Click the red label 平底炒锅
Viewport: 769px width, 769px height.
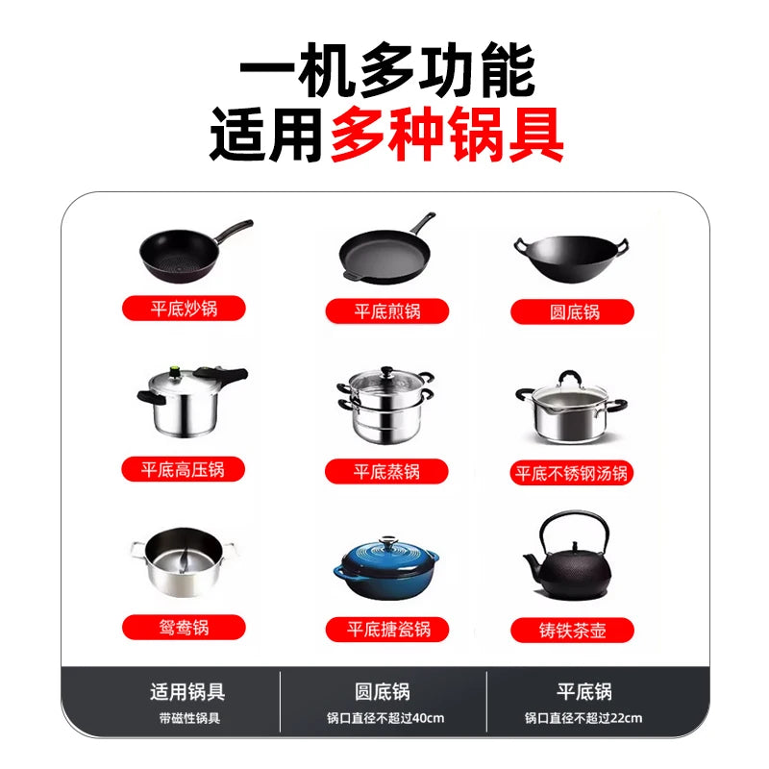pos(184,309)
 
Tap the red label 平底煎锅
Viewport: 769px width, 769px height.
pos(387,310)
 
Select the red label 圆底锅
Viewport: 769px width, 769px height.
pos(572,311)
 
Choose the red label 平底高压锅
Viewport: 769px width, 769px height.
pos(183,469)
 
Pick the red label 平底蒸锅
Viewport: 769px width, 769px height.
pos(386,472)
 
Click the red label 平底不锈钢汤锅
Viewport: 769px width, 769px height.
pos(572,473)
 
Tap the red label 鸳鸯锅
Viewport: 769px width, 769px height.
pos(184,628)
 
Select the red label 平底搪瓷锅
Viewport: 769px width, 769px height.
pos(387,630)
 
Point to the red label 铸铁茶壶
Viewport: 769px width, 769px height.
pos(572,631)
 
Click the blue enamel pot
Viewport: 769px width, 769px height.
pos(386,569)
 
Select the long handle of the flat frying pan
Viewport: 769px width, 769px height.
pos(423,223)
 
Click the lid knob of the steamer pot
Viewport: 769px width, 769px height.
pos(387,370)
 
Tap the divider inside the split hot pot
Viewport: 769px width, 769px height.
pos(184,561)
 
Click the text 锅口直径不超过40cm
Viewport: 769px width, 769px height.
pos(385,718)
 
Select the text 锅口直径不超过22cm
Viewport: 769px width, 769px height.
pos(583,718)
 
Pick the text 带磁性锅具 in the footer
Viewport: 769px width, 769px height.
pos(189,718)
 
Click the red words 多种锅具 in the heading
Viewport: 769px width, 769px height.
pos(447,134)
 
